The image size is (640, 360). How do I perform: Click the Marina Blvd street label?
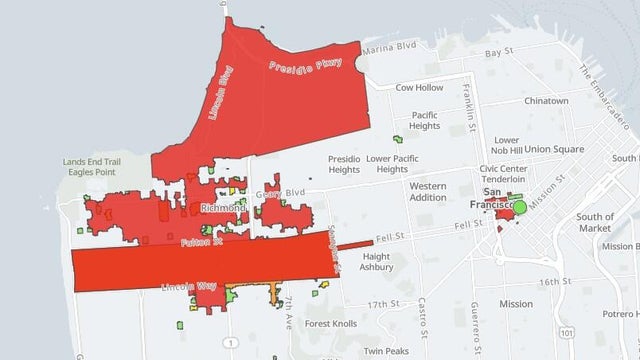tap(388, 48)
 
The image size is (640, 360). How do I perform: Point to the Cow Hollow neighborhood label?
tap(418, 88)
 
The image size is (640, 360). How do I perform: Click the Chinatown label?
tap(546, 101)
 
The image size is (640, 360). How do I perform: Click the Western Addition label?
tap(427, 191)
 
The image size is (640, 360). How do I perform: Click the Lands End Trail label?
tap(91, 162)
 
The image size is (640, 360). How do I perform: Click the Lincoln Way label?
tap(190, 287)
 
